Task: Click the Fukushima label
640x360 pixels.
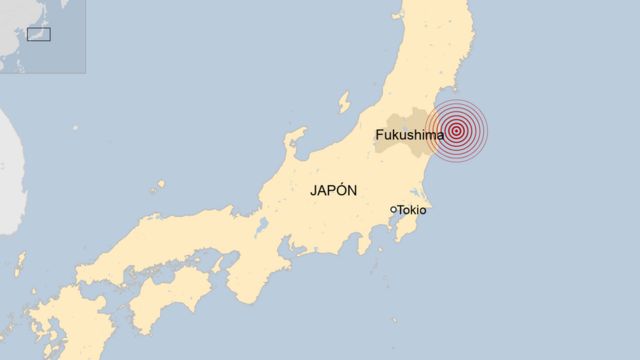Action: point(409,134)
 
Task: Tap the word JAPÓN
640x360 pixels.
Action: point(334,191)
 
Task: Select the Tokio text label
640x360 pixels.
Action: point(412,210)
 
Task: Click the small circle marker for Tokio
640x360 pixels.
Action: point(393,209)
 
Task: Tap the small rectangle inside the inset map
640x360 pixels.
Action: point(38,35)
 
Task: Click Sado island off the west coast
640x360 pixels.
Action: point(343,101)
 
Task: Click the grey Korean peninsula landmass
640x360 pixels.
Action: point(10,170)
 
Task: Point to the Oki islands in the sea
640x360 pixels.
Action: point(160,186)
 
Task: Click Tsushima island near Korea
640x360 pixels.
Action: point(20,263)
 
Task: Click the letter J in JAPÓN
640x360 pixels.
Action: point(314,191)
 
